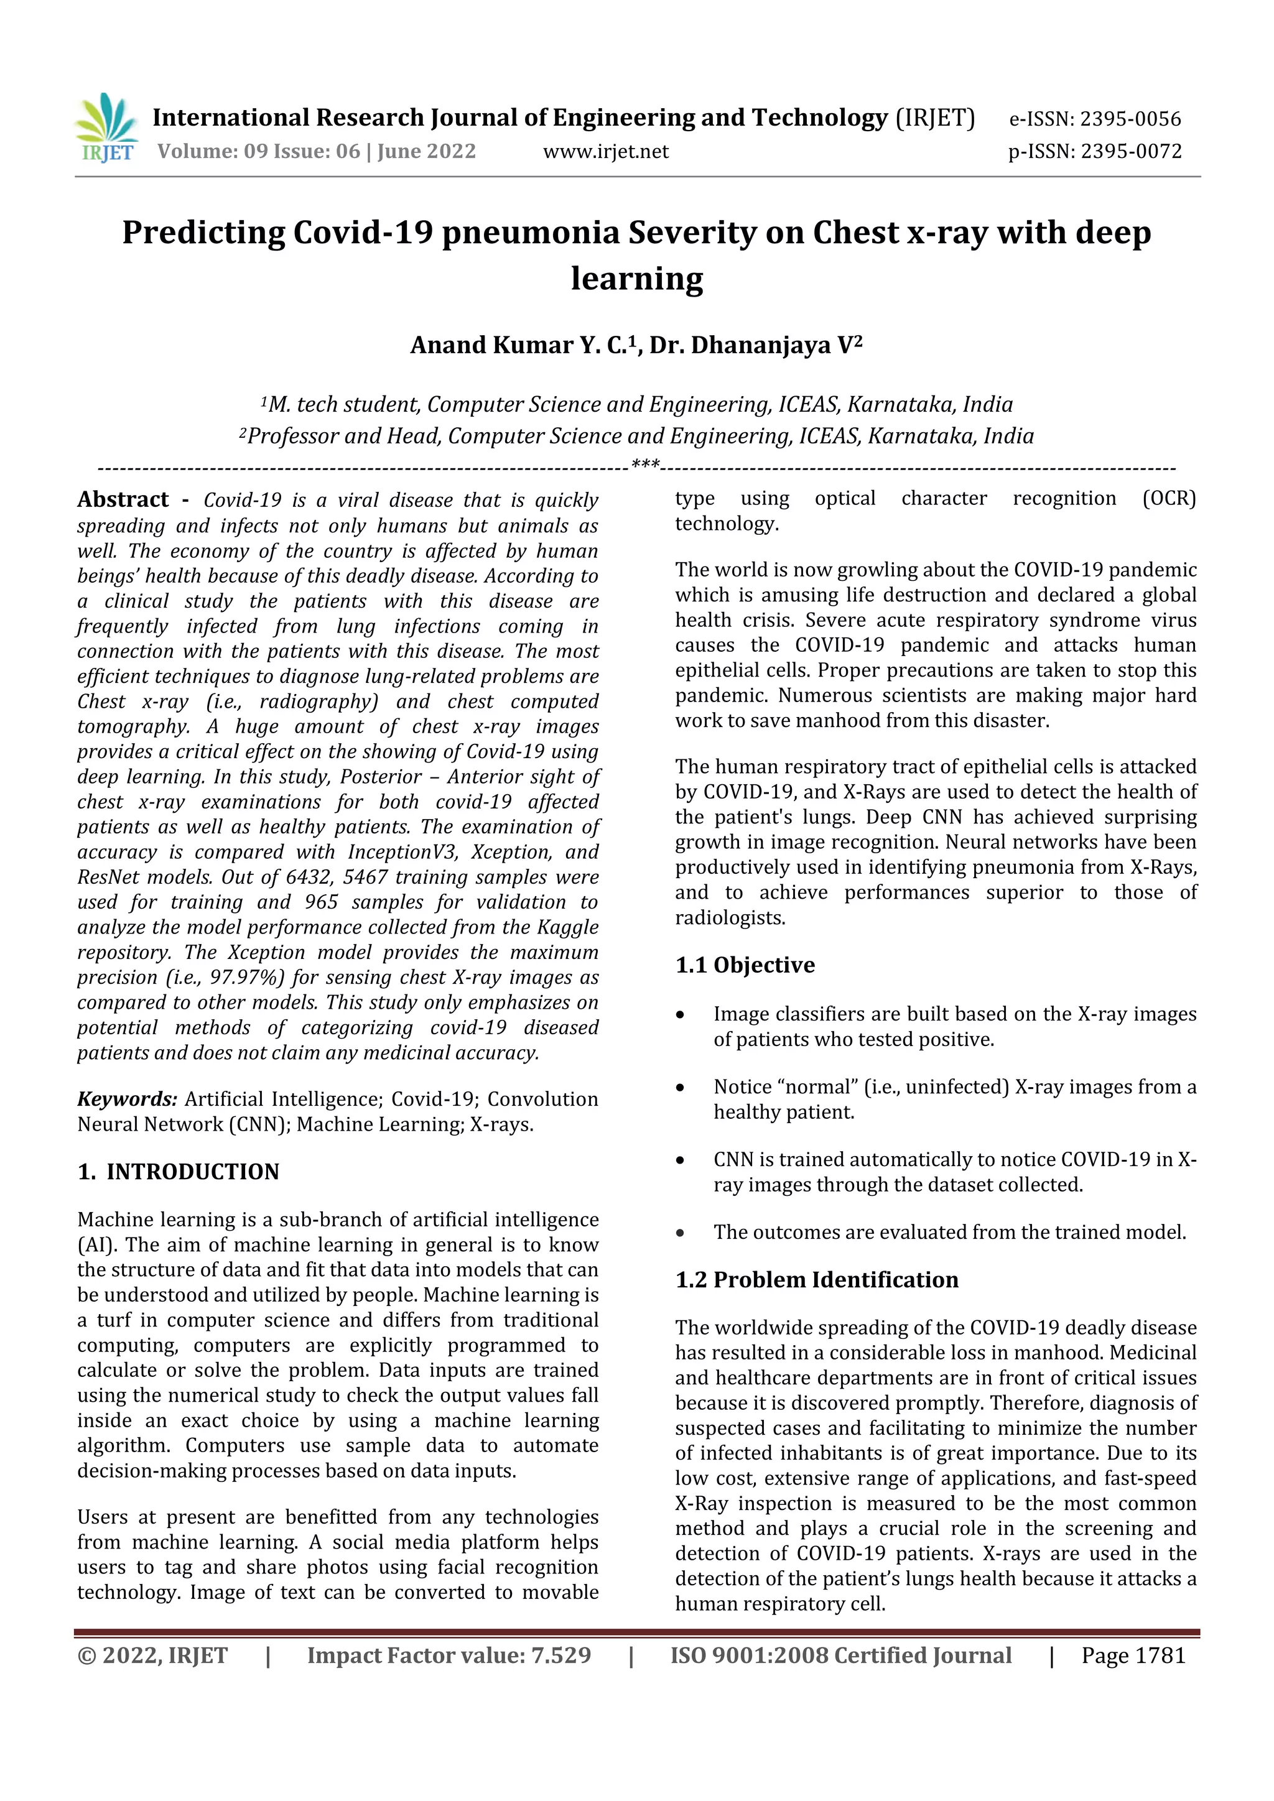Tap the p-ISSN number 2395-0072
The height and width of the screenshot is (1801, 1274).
click(1130, 151)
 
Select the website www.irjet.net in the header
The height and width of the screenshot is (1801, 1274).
click(606, 151)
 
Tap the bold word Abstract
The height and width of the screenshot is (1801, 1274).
click(123, 499)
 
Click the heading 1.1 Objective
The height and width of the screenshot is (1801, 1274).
click(745, 965)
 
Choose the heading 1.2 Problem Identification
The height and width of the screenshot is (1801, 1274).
click(817, 1279)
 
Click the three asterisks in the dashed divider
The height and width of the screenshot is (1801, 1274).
click(645, 465)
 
